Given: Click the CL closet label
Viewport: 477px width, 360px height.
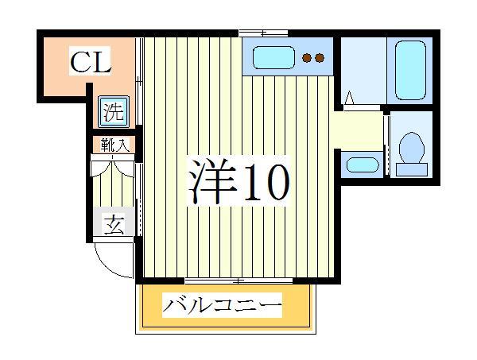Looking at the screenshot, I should click(89, 62).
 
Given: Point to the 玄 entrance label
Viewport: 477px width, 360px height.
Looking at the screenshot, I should click(113, 225).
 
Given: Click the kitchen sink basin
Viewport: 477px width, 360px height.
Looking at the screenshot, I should click(274, 58).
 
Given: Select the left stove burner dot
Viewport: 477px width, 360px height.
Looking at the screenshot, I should click(306, 57).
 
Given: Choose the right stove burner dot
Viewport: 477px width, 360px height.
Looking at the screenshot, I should click(320, 57).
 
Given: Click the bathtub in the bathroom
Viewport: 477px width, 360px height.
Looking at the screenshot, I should click(409, 68).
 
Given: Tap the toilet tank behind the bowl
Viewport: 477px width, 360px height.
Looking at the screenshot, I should click(412, 168).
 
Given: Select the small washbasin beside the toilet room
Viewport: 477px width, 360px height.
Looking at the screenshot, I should click(363, 166).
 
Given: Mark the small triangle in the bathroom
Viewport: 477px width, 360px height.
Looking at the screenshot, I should click(348, 99).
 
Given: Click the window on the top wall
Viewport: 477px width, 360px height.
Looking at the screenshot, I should click(263, 33).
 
